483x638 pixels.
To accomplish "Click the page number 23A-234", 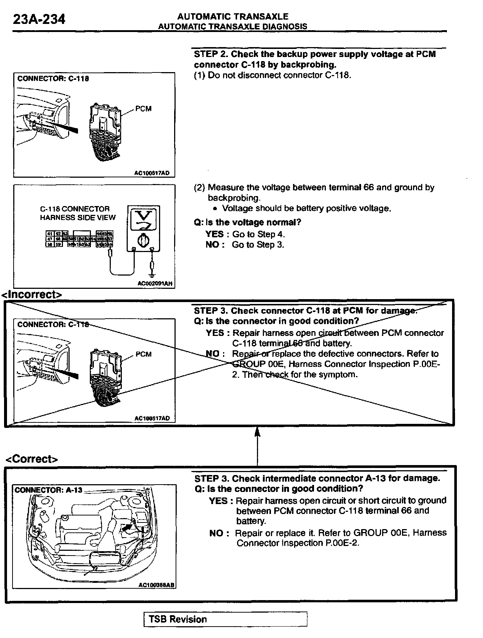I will click(39, 19).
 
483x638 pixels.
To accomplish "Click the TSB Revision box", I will click(225, 619).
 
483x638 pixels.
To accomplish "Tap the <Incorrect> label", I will click(32, 294).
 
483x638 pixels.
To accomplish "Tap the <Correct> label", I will click(32, 459).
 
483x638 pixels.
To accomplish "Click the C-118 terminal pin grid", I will click(79, 239).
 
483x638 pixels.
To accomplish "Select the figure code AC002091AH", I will click(155, 284).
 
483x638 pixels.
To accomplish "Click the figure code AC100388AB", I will click(156, 585).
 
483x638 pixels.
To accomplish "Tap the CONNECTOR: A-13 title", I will click(48, 490).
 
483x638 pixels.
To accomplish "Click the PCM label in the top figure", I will click(143, 109).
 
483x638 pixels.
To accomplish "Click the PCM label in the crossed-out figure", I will click(143, 354).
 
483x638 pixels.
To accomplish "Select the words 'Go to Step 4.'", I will click(258, 234).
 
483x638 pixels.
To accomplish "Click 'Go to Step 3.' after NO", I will click(258, 245).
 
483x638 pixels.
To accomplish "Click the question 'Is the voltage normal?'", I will click(247, 222).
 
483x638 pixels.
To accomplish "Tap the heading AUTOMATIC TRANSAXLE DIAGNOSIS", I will click(232, 26).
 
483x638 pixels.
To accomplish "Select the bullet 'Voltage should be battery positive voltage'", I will click(306, 208).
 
